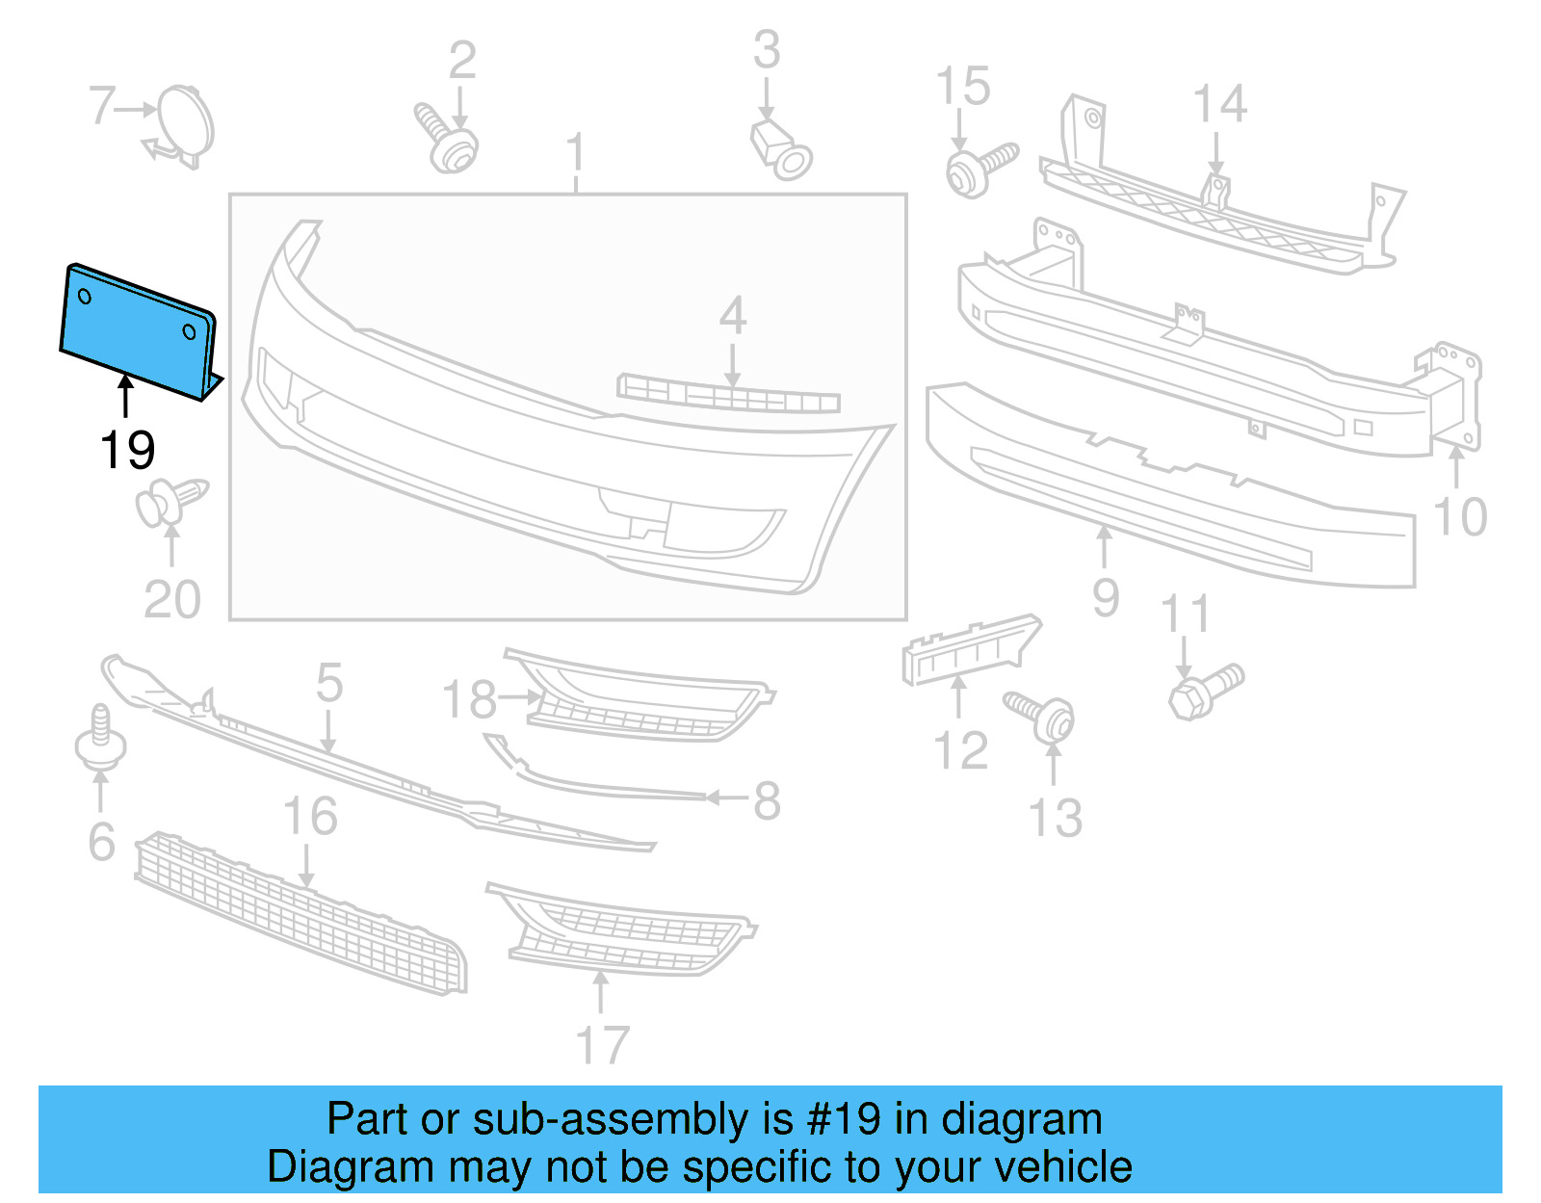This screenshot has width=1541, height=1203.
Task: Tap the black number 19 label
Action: point(127,450)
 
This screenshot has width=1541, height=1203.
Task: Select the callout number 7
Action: point(101,106)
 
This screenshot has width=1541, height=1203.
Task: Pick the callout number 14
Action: point(1219,104)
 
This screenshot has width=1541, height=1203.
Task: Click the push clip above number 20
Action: point(171,501)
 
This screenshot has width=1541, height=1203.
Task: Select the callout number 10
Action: point(1460,517)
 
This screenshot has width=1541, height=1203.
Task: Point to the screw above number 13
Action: point(1040,715)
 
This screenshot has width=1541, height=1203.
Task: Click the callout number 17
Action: point(602,1044)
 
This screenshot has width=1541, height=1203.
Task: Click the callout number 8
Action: point(767,800)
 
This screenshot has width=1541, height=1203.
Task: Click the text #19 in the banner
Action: point(844,1119)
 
